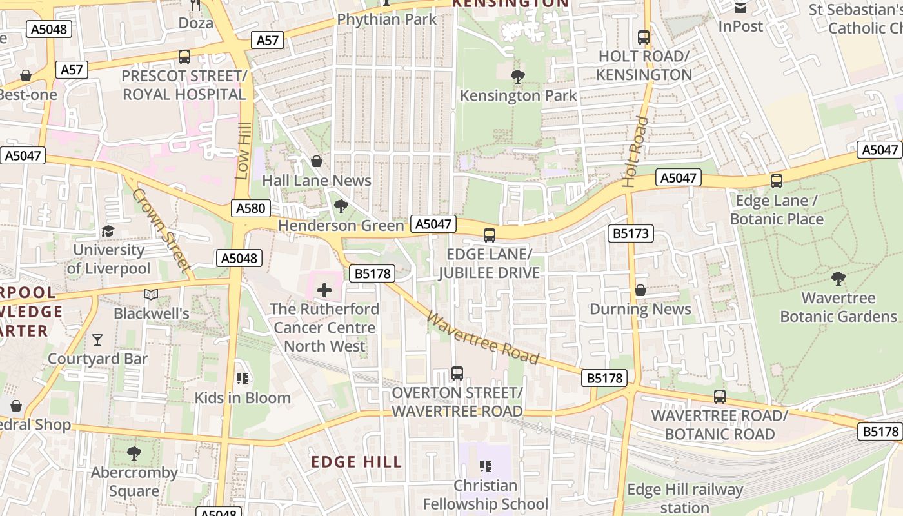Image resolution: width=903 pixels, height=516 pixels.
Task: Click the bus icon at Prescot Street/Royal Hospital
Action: [x=184, y=57]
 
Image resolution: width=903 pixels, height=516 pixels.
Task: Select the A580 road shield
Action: [x=250, y=208]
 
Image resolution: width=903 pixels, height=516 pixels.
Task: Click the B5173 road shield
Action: [x=631, y=233]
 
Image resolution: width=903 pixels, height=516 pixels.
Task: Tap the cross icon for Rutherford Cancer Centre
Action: [x=324, y=290]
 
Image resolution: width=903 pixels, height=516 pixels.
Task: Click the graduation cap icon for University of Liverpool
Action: [x=108, y=231]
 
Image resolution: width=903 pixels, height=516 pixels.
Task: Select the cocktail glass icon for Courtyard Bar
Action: [x=97, y=339]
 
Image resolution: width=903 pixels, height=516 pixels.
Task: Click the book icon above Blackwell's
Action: [x=151, y=295]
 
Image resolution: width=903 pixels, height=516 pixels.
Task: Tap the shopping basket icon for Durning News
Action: [x=640, y=290]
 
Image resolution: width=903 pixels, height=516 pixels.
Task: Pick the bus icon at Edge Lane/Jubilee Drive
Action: [x=490, y=235]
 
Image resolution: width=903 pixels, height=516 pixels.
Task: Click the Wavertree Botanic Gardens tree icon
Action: [x=838, y=279]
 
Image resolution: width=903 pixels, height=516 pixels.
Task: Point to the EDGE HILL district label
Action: [x=357, y=462]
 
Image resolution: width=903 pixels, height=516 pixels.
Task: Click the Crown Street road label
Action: [x=162, y=229]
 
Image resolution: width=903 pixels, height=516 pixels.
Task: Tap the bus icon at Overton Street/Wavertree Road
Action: [x=457, y=373]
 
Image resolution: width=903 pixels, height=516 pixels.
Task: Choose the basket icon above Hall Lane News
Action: [x=317, y=161]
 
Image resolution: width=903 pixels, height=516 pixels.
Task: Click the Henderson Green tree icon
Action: [x=341, y=206]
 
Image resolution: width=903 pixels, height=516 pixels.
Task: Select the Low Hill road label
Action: [x=243, y=151]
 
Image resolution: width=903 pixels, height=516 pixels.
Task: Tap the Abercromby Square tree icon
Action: [x=134, y=453]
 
